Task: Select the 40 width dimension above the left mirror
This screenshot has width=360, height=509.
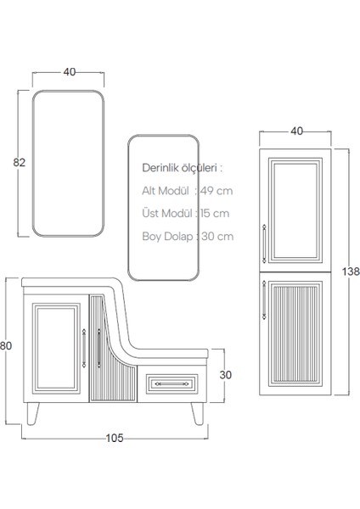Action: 69,72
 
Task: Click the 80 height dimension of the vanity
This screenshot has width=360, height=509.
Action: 7,346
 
